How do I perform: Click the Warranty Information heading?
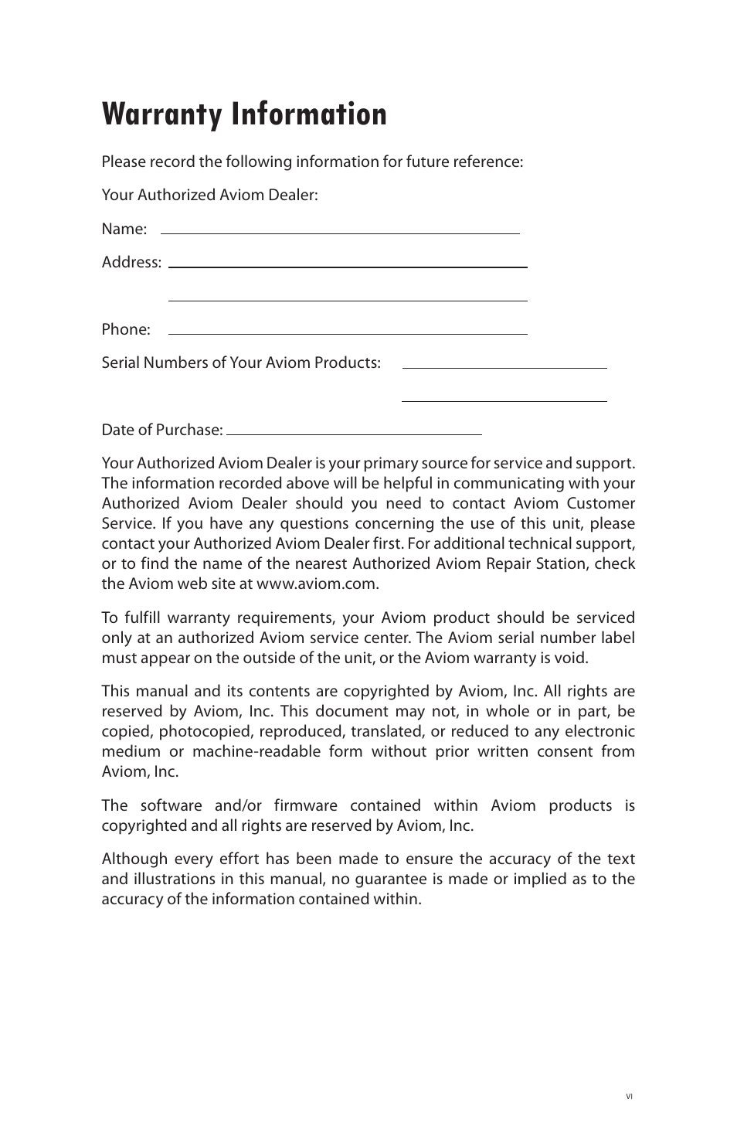tap(244, 114)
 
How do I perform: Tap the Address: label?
tap(131, 262)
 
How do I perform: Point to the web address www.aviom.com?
tap(317, 584)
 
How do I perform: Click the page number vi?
tap(629, 1096)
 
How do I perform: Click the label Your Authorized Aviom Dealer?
tap(209, 195)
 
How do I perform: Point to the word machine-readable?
tap(270, 751)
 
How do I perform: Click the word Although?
tap(134, 859)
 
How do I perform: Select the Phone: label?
tap(126, 329)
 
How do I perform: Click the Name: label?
tap(124, 229)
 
